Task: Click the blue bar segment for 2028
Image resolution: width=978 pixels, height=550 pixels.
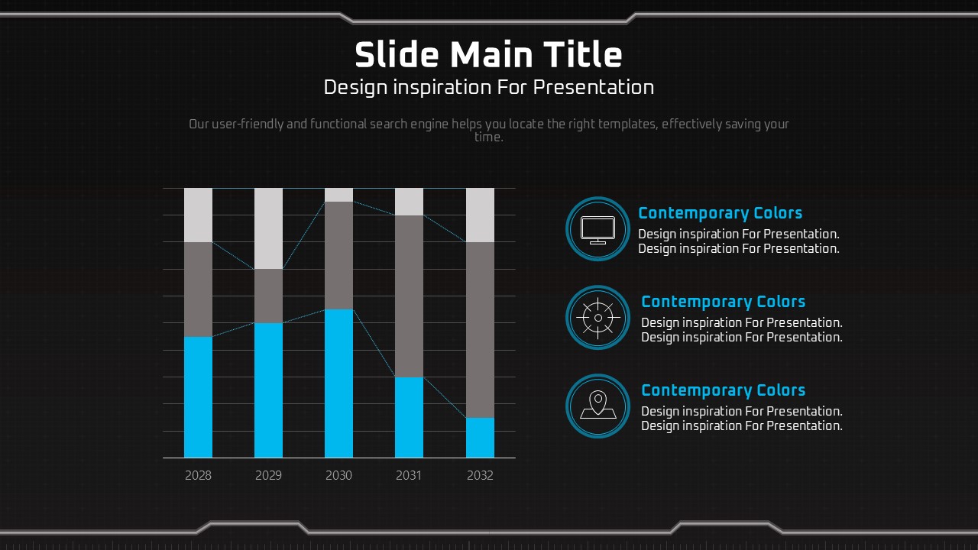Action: coord(198,397)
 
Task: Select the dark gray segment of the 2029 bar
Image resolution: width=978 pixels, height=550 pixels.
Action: coord(268,296)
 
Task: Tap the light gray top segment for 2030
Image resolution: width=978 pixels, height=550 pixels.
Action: coord(338,195)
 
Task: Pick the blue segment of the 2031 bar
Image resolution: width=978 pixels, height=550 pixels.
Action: coord(409,417)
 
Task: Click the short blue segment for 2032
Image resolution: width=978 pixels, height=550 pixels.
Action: coord(481,438)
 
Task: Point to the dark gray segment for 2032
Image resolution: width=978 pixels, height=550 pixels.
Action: coord(481,330)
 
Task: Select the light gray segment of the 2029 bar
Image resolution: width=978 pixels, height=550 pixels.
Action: coord(268,228)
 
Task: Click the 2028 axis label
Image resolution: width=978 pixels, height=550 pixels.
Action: coord(198,475)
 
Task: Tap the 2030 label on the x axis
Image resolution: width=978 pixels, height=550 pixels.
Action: coord(338,475)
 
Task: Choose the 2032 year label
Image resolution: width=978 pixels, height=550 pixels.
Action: coord(481,475)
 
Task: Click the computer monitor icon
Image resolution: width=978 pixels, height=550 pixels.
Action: coord(597,230)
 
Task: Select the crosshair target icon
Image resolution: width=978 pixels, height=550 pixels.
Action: coord(597,319)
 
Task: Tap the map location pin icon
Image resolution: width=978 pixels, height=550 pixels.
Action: coord(597,405)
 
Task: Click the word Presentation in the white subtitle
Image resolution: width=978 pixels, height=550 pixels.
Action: coord(594,88)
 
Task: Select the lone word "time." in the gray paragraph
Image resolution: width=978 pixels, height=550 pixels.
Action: coord(489,137)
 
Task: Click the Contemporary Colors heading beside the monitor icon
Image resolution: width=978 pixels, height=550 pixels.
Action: coord(721,213)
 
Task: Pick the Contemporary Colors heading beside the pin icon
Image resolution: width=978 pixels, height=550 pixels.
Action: coord(724,390)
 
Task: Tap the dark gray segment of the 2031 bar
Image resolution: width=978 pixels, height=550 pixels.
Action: coord(409,296)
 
